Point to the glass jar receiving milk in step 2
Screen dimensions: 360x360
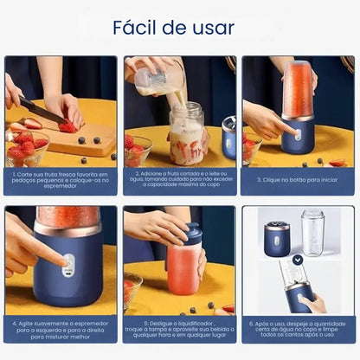(186, 134)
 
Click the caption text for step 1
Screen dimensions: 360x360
(61, 180)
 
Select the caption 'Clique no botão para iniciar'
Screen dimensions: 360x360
(297, 180)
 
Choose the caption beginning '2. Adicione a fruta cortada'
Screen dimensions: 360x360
(178, 180)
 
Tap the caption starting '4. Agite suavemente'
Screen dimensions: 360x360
(61, 330)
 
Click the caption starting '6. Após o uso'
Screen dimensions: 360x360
(297, 330)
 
